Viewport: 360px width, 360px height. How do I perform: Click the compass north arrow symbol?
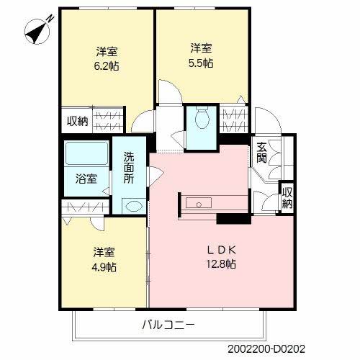[x=37, y=31]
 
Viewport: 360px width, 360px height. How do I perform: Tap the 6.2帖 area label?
[x=107, y=66]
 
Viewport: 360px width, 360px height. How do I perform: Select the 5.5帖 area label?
[x=201, y=63]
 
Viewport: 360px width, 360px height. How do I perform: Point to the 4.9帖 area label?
[x=104, y=267]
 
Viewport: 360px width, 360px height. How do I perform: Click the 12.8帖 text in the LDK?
[x=221, y=264]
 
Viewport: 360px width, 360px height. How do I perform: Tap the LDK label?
[x=221, y=250]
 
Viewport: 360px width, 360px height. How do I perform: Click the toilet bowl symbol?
[x=202, y=117]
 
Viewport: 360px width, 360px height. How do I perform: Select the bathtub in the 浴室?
[x=86, y=153]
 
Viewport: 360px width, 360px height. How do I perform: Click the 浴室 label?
[x=86, y=179]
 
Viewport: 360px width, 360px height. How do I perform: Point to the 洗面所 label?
[x=129, y=168]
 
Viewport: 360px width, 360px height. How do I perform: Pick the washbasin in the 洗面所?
[x=134, y=206]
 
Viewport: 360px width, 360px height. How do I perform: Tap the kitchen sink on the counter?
[x=199, y=203]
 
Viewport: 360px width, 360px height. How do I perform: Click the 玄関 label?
[x=261, y=153]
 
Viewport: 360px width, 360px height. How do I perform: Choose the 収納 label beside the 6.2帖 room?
[x=77, y=121]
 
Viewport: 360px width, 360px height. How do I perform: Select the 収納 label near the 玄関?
[x=287, y=198]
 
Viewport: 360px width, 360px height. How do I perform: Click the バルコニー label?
[x=168, y=325]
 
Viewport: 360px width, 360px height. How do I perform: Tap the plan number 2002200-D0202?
[x=266, y=348]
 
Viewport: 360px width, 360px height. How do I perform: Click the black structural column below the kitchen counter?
[x=234, y=219]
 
